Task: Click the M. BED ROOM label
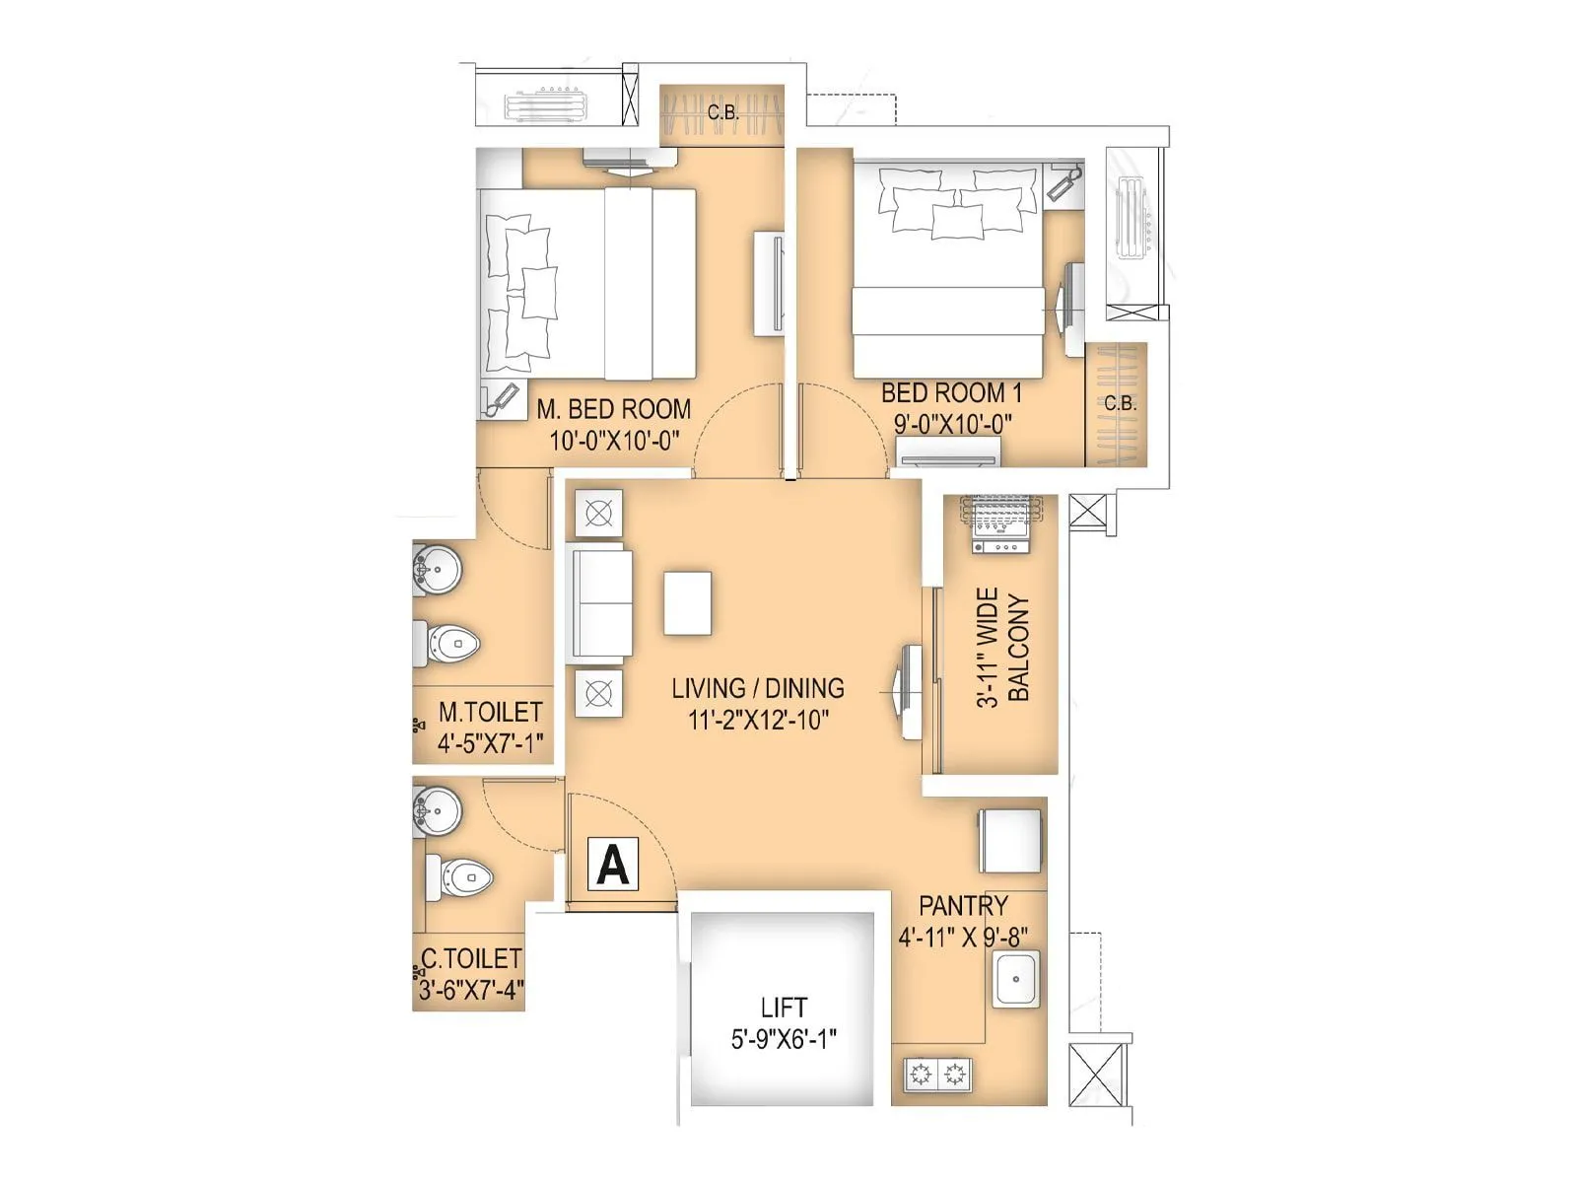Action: click(x=613, y=408)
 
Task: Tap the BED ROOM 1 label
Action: click(x=951, y=392)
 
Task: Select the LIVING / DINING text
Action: click(x=757, y=688)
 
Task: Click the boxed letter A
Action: click(x=613, y=865)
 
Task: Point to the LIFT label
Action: click(x=784, y=1008)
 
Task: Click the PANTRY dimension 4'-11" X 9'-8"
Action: click(x=963, y=937)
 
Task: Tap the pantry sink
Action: click(x=1015, y=978)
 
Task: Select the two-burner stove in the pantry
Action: click(x=937, y=1074)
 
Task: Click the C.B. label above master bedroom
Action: click(x=722, y=112)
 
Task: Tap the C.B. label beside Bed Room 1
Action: click(x=1120, y=403)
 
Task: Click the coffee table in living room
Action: click(x=687, y=602)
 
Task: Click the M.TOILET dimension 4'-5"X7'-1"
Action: click(x=490, y=742)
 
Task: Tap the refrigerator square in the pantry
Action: click(x=1010, y=840)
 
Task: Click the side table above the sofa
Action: click(x=598, y=514)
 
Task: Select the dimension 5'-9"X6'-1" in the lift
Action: click(x=784, y=1038)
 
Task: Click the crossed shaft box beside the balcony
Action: click(x=1091, y=514)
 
